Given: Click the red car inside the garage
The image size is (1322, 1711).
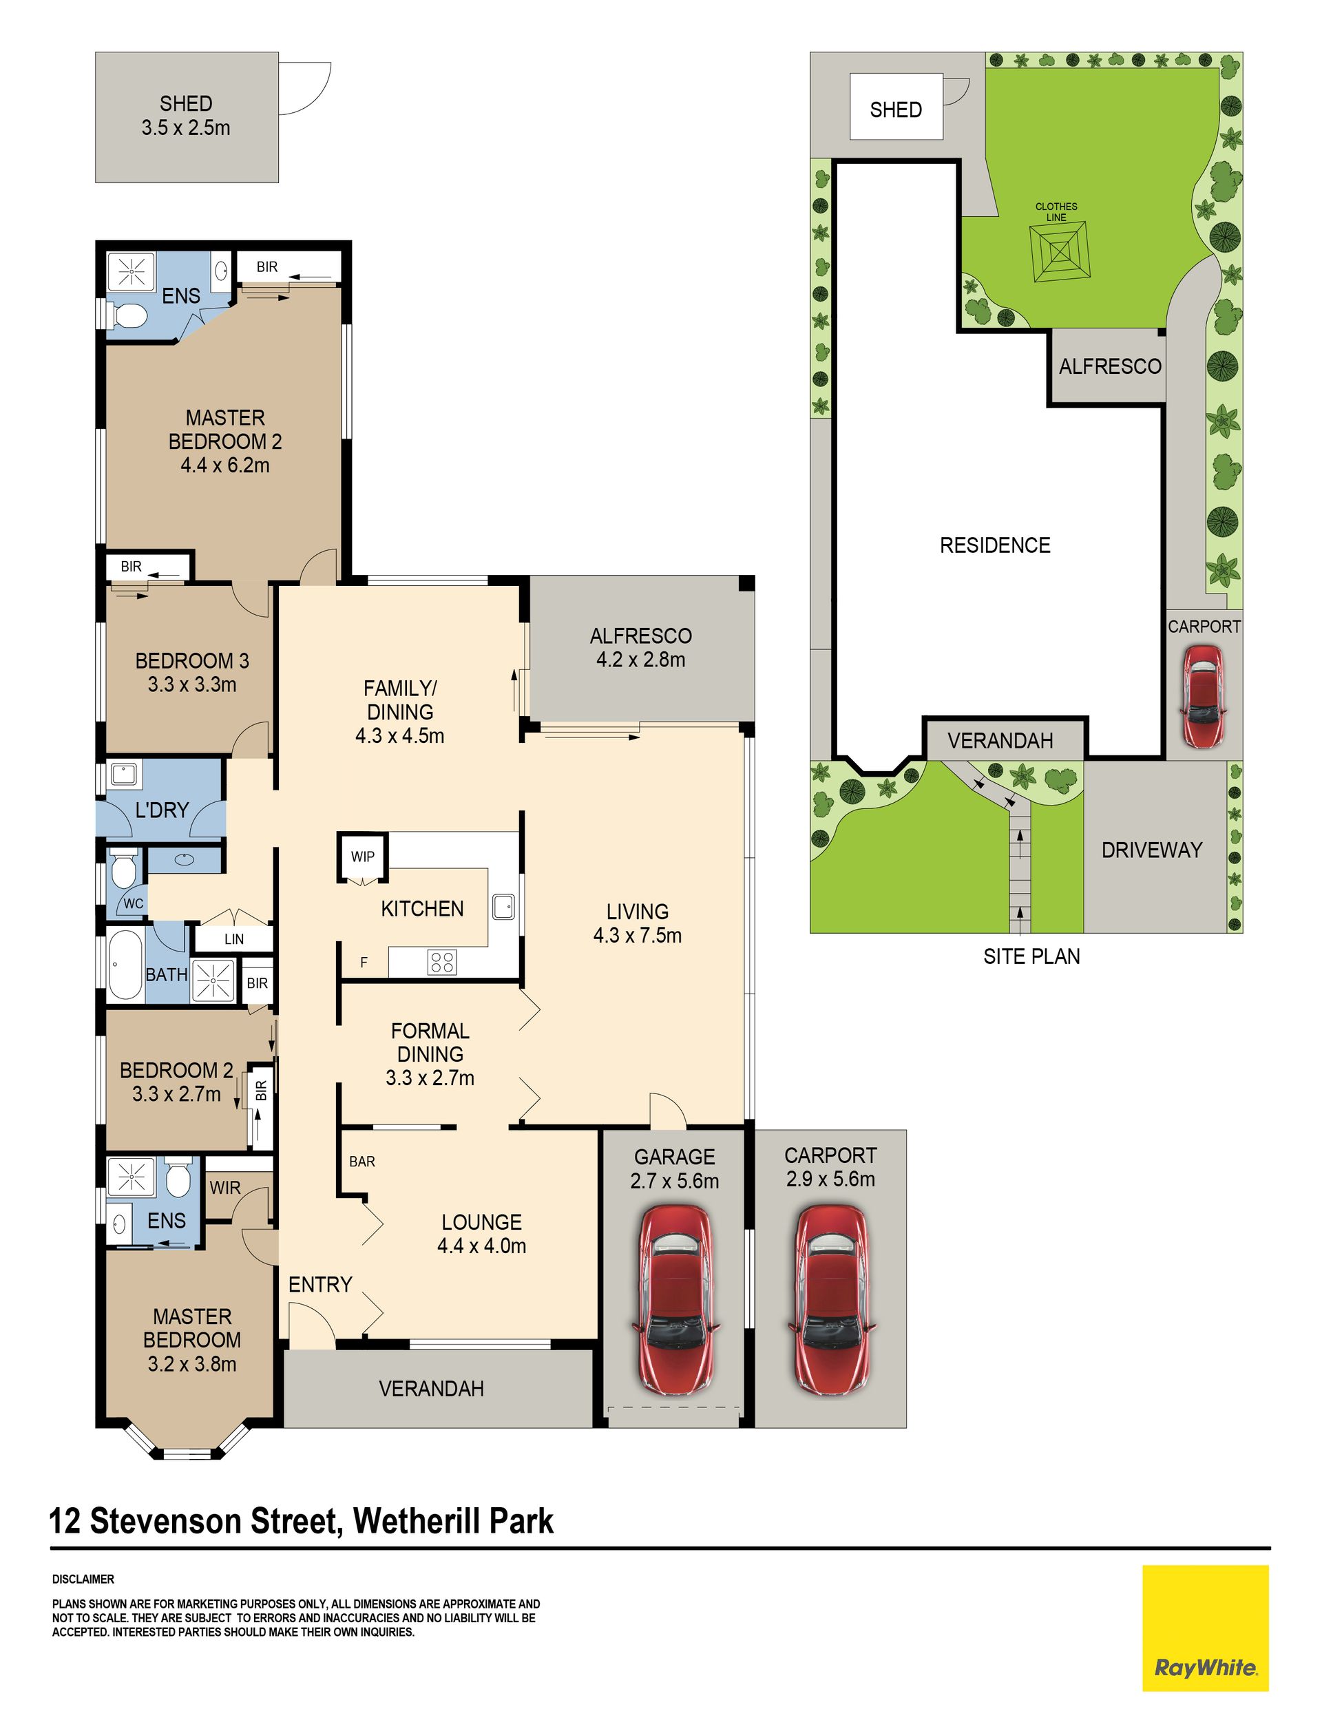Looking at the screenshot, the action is (x=674, y=1300).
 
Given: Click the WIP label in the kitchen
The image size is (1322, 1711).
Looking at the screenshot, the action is (x=362, y=857).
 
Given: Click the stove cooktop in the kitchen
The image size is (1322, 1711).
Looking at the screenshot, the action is (x=442, y=961).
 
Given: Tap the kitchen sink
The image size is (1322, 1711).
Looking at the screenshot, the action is (x=503, y=907).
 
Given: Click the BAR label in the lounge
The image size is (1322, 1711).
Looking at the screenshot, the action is (x=362, y=1162).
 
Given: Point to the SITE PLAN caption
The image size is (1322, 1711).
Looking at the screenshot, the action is (x=1031, y=956).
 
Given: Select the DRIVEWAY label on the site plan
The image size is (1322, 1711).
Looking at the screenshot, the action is (x=1151, y=850).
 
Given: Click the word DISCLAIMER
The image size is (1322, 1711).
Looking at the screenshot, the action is (x=83, y=1579).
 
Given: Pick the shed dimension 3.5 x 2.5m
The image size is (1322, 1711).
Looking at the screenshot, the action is (x=186, y=127).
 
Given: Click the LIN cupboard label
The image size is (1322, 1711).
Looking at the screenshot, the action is (x=233, y=939).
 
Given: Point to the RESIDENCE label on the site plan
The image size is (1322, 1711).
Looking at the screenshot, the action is (x=995, y=545).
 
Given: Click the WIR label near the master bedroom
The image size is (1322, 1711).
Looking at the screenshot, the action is (x=225, y=1188).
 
